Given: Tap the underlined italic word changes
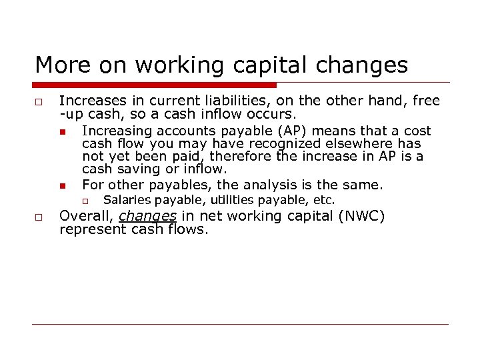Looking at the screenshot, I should [147, 215].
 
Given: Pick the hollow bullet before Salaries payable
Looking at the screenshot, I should [85, 201].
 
